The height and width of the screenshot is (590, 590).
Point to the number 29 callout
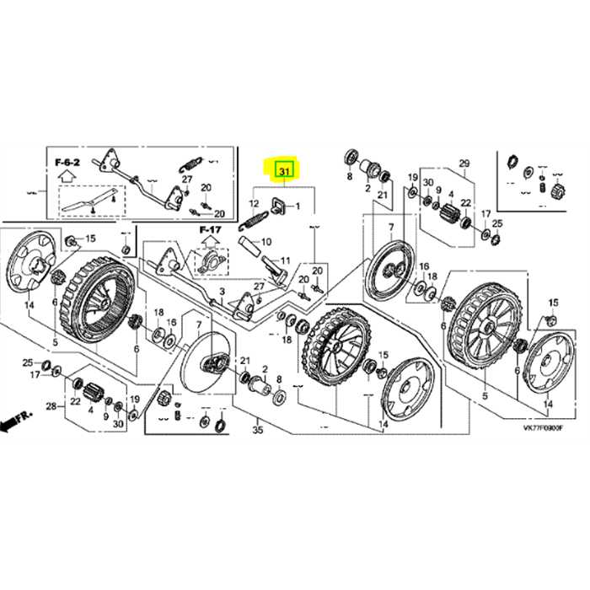[x=463, y=163]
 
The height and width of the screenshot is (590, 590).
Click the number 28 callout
[x=50, y=407]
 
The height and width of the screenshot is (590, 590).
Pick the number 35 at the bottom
[x=257, y=430]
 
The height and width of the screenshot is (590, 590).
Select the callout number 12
[x=253, y=204]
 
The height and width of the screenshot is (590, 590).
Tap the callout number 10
[x=266, y=242]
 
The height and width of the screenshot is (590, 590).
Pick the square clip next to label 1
[x=276, y=203]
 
